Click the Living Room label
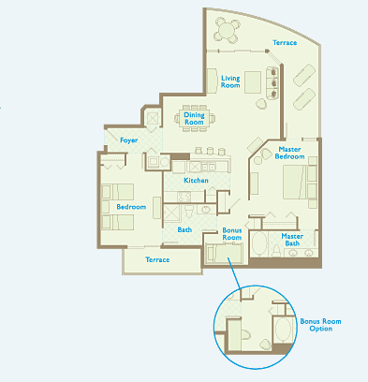click(x=230, y=81)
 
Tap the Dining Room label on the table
click(x=194, y=119)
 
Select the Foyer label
click(x=129, y=140)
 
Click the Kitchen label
click(x=196, y=181)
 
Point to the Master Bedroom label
click(x=289, y=153)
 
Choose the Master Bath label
click(x=292, y=240)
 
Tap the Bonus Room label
click(x=232, y=234)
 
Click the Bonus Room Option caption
click(x=320, y=325)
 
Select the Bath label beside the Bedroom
click(x=184, y=229)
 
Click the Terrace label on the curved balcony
click(x=285, y=42)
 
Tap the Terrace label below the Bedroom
click(x=157, y=259)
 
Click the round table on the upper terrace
click(x=227, y=31)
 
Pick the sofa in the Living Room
click(x=272, y=82)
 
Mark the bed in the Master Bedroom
click(x=296, y=183)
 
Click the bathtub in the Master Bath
click(x=258, y=244)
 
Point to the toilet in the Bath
click(x=189, y=211)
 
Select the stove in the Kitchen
click(x=184, y=197)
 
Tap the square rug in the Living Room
click(x=253, y=82)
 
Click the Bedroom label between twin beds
click(x=131, y=207)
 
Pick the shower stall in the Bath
click(x=171, y=213)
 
